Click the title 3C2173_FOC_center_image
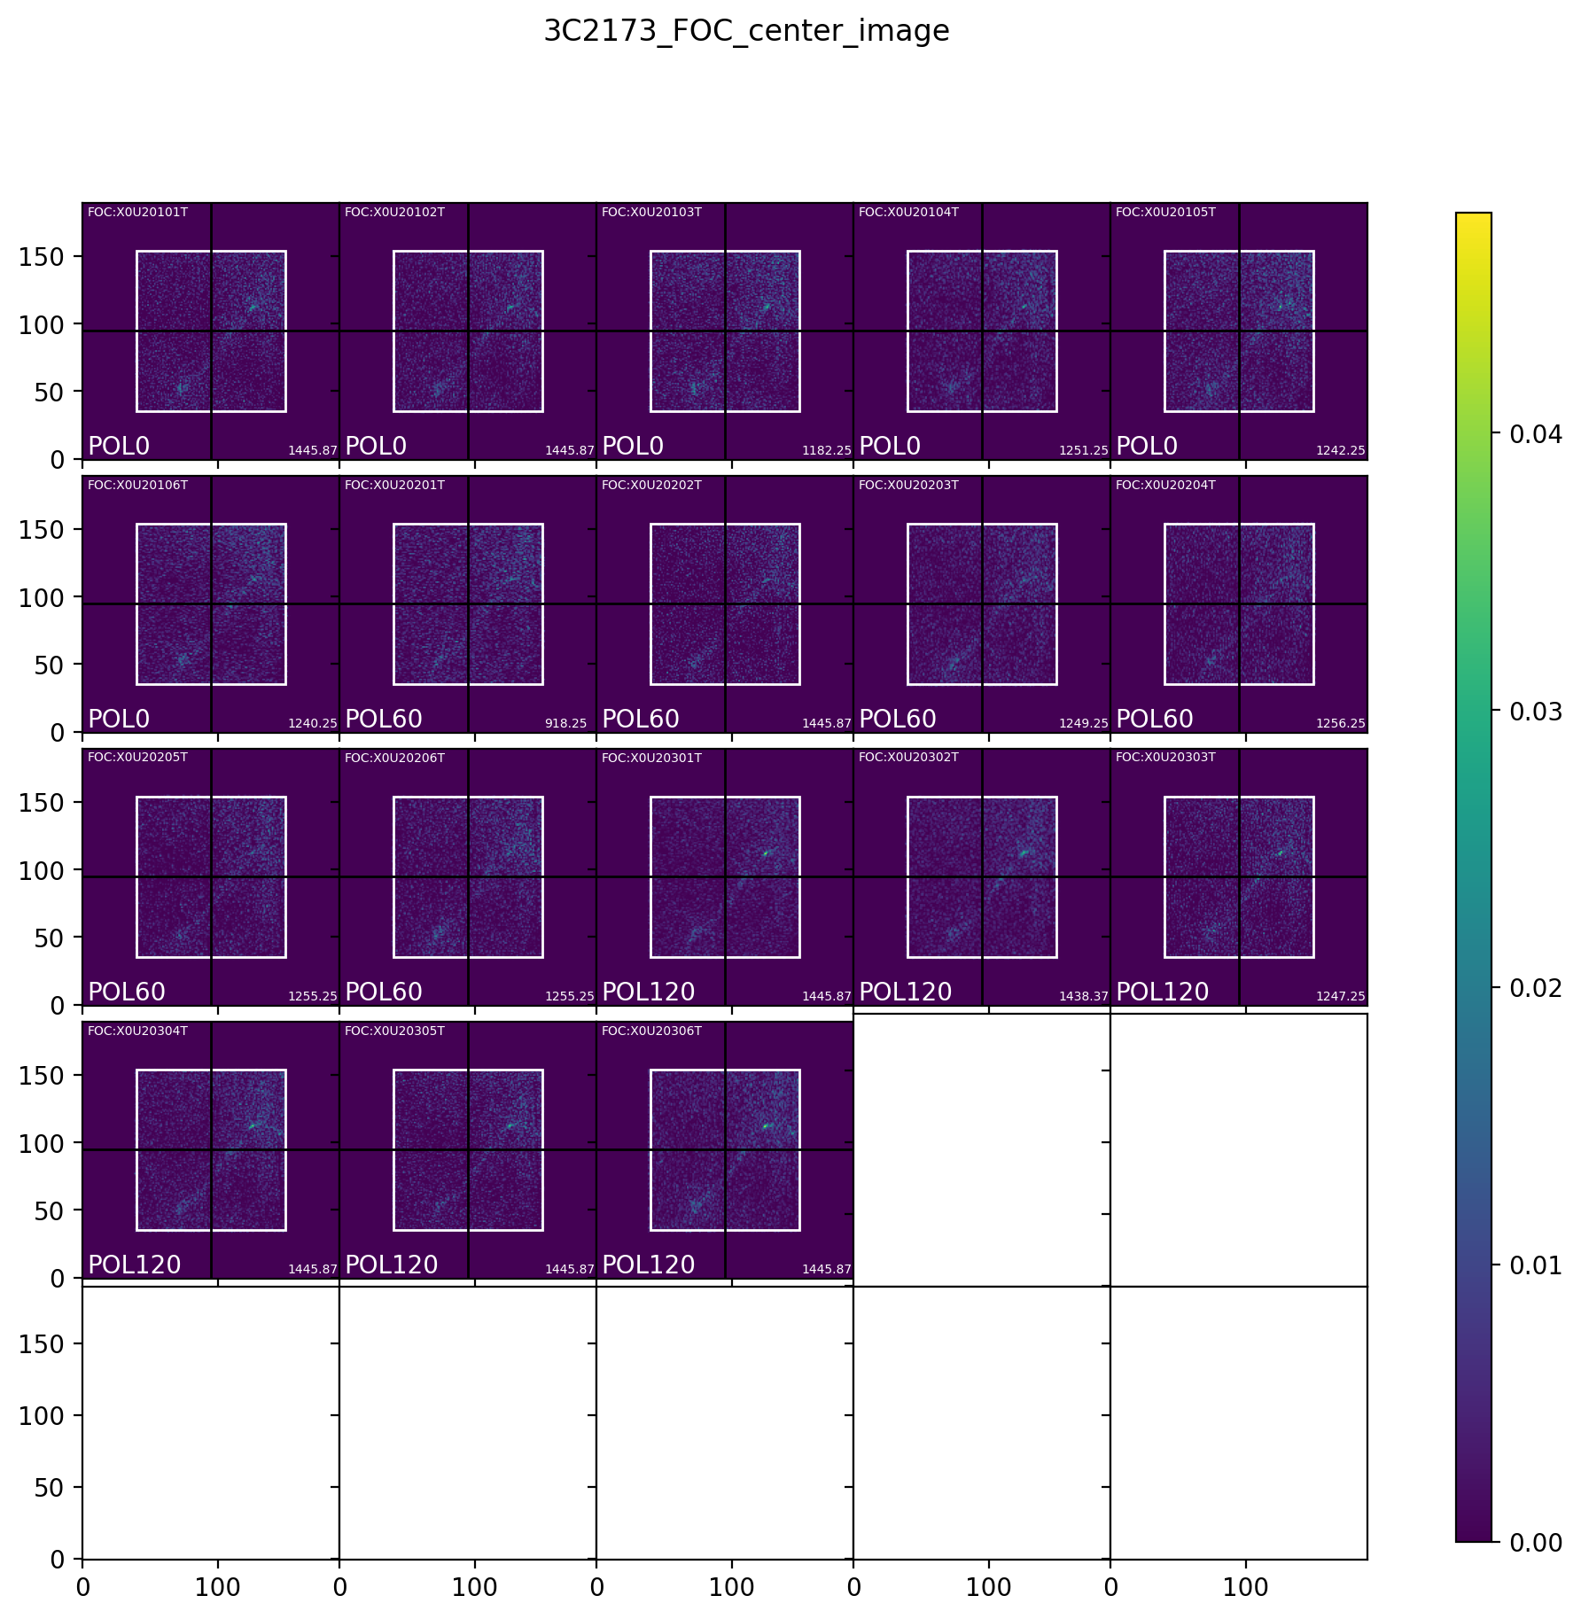[x=746, y=32]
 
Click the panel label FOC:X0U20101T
[x=137, y=213]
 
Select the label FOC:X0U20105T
[x=1165, y=213]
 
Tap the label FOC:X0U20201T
[x=394, y=486]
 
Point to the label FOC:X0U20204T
[x=1165, y=486]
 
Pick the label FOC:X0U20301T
[x=651, y=758]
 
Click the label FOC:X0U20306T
[x=651, y=1031]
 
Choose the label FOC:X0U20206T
[x=394, y=758]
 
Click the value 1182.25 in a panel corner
[x=827, y=451]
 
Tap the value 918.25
[x=565, y=724]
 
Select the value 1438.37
[x=1084, y=997]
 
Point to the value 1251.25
[x=1084, y=451]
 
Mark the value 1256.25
[x=1341, y=724]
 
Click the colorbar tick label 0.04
[x=1529, y=434]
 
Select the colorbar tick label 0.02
[x=1529, y=988]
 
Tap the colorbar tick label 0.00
[x=1529, y=1543]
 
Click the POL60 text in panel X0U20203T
[x=898, y=720]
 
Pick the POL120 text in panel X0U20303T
[x=1162, y=992]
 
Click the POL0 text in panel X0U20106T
[x=119, y=720]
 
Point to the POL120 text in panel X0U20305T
[x=391, y=1265]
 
